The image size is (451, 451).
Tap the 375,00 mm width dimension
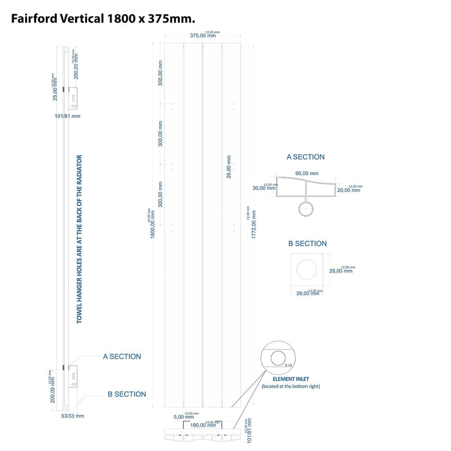[x=203, y=36]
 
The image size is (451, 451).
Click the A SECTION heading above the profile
[x=305, y=157]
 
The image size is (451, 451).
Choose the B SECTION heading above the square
[x=307, y=244]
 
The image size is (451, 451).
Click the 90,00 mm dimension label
[x=307, y=173]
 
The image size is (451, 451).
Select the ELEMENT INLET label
[x=290, y=379]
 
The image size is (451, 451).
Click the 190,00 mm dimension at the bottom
[x=203, y=425]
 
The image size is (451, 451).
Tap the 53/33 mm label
[x=67, y=416]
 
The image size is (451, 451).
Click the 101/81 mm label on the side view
[x=68, y=117]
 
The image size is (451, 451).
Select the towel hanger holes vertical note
[x=80, y=239]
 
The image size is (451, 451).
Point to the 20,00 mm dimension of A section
[x=349, y=190]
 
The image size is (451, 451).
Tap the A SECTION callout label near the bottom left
[x=122, y=356]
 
